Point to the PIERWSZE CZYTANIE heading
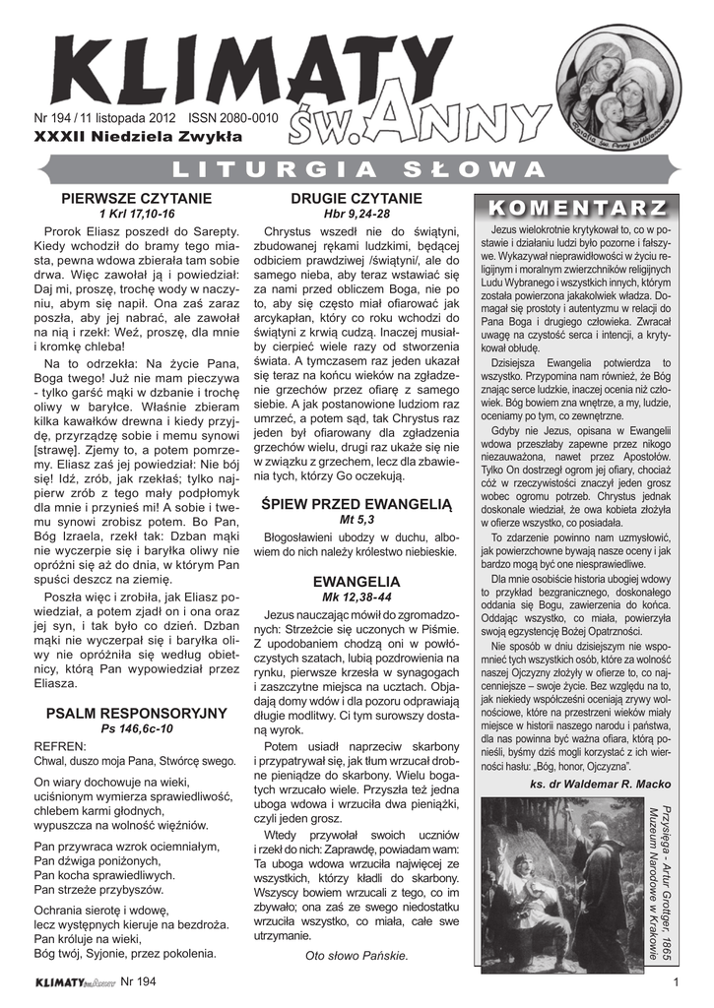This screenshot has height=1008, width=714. pos(137,199)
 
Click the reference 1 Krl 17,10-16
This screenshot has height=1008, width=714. pos(137,214)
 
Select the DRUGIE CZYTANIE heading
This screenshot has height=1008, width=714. pos(357,199)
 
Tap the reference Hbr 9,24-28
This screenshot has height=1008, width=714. pos(357,214)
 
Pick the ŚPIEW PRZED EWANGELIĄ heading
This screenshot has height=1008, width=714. pos(357,505)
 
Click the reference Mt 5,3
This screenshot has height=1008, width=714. pos(357,520)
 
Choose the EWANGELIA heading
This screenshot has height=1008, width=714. pos(357,583)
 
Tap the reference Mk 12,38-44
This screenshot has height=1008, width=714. pos(357,598)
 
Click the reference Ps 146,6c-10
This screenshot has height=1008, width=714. pos(137,728)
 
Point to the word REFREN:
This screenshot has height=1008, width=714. pos(60,745)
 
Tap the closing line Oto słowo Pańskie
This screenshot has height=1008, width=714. pos(357,956)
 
